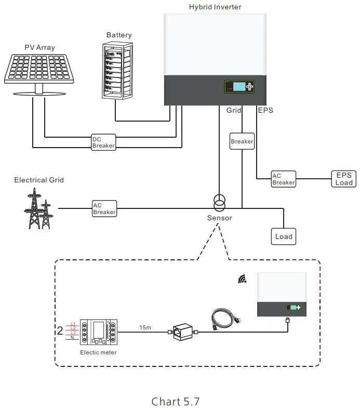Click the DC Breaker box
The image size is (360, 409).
(x=103, y=142)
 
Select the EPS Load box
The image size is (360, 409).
(x=344, y=178)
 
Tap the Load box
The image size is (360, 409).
(x=284, y=236)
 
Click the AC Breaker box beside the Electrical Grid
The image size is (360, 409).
(x=104, y=209)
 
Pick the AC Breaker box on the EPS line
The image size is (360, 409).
(x=284, y=179)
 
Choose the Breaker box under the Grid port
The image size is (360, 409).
(x=242, y=141)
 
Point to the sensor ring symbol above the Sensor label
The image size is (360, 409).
(x=219, y=200)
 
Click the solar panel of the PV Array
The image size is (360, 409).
(x=39, y=68)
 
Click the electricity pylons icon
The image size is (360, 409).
(x=39, y=207)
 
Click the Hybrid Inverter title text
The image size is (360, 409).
(x=215, y=7)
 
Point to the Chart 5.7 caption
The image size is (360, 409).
(x=176, y=401)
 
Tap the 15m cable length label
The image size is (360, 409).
(x=145, y=327)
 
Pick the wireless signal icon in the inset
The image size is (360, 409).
(x=242, y=280)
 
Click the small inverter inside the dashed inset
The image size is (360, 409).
(x=282, y=295)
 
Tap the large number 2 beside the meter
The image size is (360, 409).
(x=60, y=329)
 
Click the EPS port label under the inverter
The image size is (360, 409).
(x=265, y=110)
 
